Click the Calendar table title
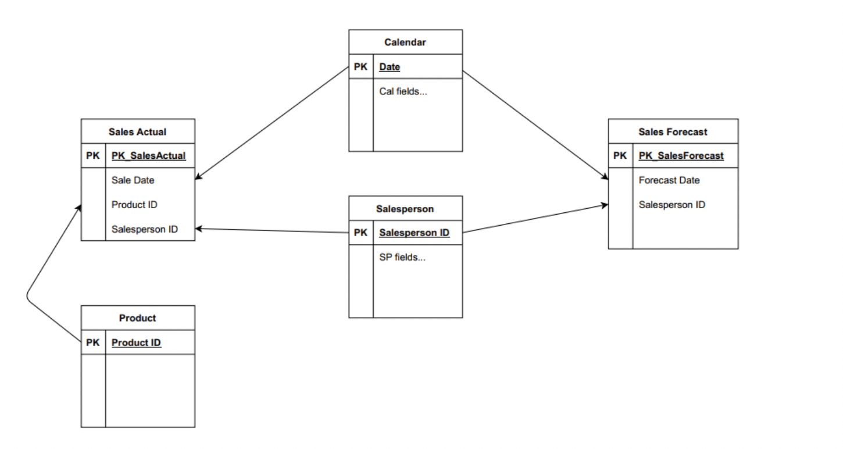[x=405, y=42]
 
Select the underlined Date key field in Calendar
[x=390, y=67]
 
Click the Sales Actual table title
[x=137, y=132]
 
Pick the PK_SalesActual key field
[x=148, y=155]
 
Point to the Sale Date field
[x=133, y=180]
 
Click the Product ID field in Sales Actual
[x=134, y=205]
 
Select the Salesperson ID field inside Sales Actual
[x=144, y=229]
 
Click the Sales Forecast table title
[x=673, y=132]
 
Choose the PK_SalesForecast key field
[x=681, y=155]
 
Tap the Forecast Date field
[x=669, y=180]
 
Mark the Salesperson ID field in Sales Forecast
[x=672, y=205]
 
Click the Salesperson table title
[x=405, y=209]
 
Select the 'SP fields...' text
[x=402, y=257]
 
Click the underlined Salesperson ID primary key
[x=414, y=233]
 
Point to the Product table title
[x=137, y=318]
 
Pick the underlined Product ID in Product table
[x=136, y=343]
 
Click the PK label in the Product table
[x=93, y=343]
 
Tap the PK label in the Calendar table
[x=360, y=67]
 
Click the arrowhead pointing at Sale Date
[x=198, y=178]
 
